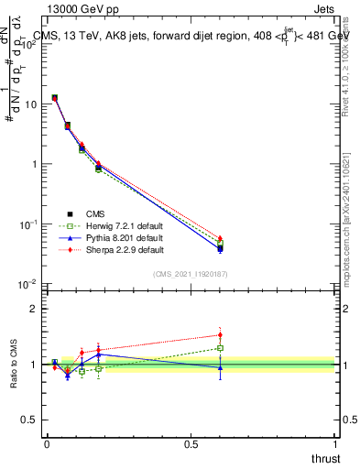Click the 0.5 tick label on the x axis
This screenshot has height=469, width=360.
[191, 443]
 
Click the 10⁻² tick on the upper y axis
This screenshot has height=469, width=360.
[33, 285]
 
